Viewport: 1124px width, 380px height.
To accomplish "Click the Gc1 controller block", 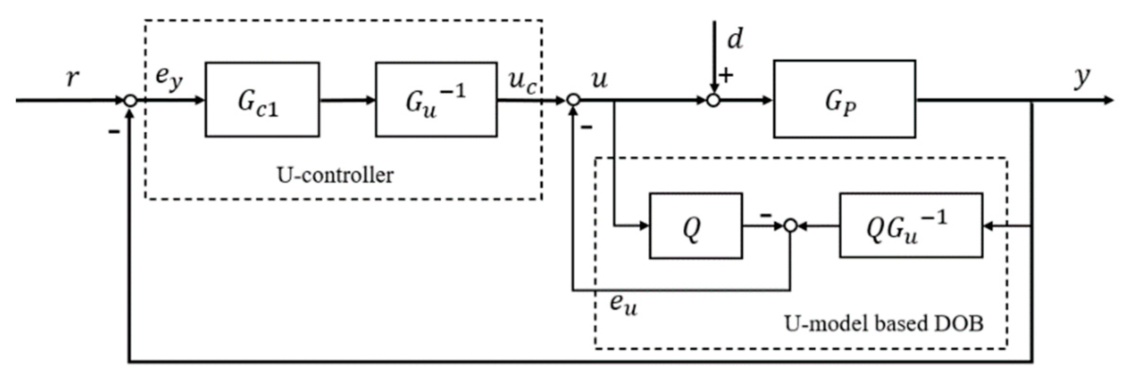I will [262, 100].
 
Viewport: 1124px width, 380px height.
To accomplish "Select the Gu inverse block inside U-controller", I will [436, 100].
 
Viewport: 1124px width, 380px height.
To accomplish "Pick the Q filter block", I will [695, 226].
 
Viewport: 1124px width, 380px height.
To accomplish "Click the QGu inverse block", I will [910, 226].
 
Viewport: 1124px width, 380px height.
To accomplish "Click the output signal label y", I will [1081, 77].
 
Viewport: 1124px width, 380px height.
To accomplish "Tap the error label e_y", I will [169, 79].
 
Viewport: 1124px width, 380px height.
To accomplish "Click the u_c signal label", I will [523, 81].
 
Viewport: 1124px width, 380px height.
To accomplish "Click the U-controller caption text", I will [335, 175].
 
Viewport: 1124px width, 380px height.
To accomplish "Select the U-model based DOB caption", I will [883, 324].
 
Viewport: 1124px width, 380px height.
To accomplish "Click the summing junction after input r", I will [130, 100].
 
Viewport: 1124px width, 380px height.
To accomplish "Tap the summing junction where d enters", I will [713, 100].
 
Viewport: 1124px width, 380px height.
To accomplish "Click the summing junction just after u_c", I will [573, 100].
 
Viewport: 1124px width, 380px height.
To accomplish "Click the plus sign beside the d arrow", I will [726, 75].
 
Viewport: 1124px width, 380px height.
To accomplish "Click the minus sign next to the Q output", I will [765, 216].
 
